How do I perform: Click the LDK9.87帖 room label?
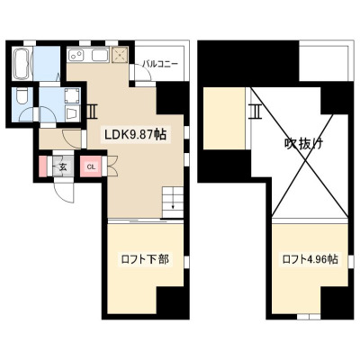[135, 135]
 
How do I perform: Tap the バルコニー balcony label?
[160, 64]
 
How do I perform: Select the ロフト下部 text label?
[145, 259]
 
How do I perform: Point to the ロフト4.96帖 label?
[310, 259]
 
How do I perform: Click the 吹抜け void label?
[303, 144]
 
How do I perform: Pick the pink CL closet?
[91, 166]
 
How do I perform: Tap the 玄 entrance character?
[63, 167]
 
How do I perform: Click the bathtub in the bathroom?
[22, 64]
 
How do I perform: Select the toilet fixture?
[22, 95]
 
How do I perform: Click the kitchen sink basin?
[100, 55]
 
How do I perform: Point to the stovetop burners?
[76, 55]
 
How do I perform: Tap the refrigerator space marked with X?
[120, 55]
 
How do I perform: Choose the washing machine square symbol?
[72, 95]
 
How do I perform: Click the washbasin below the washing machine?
[72, 113]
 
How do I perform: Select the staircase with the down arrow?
[173, 202]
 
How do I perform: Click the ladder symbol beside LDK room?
[91, 112]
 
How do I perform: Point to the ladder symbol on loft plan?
[256, 112]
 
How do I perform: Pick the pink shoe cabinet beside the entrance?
[43, 166]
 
